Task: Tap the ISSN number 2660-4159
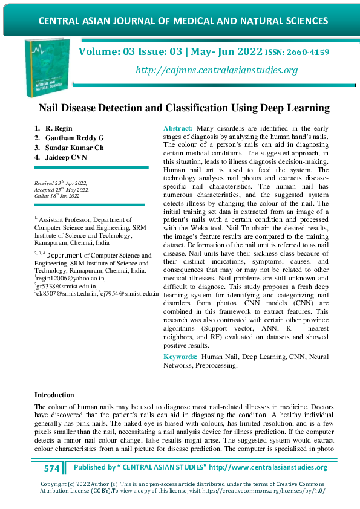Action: tap(309, 53)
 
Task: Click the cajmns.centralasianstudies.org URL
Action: tap(217, 70)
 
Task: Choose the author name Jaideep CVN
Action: tap(66, 157)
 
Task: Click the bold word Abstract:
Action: tap(179, 129)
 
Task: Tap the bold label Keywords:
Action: tap(180, 357)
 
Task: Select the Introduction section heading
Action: tap(54, 395)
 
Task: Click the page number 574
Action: tap(52, 468)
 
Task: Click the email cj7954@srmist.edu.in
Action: tap(130, 293)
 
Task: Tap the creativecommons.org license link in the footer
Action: tap(274, 491)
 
